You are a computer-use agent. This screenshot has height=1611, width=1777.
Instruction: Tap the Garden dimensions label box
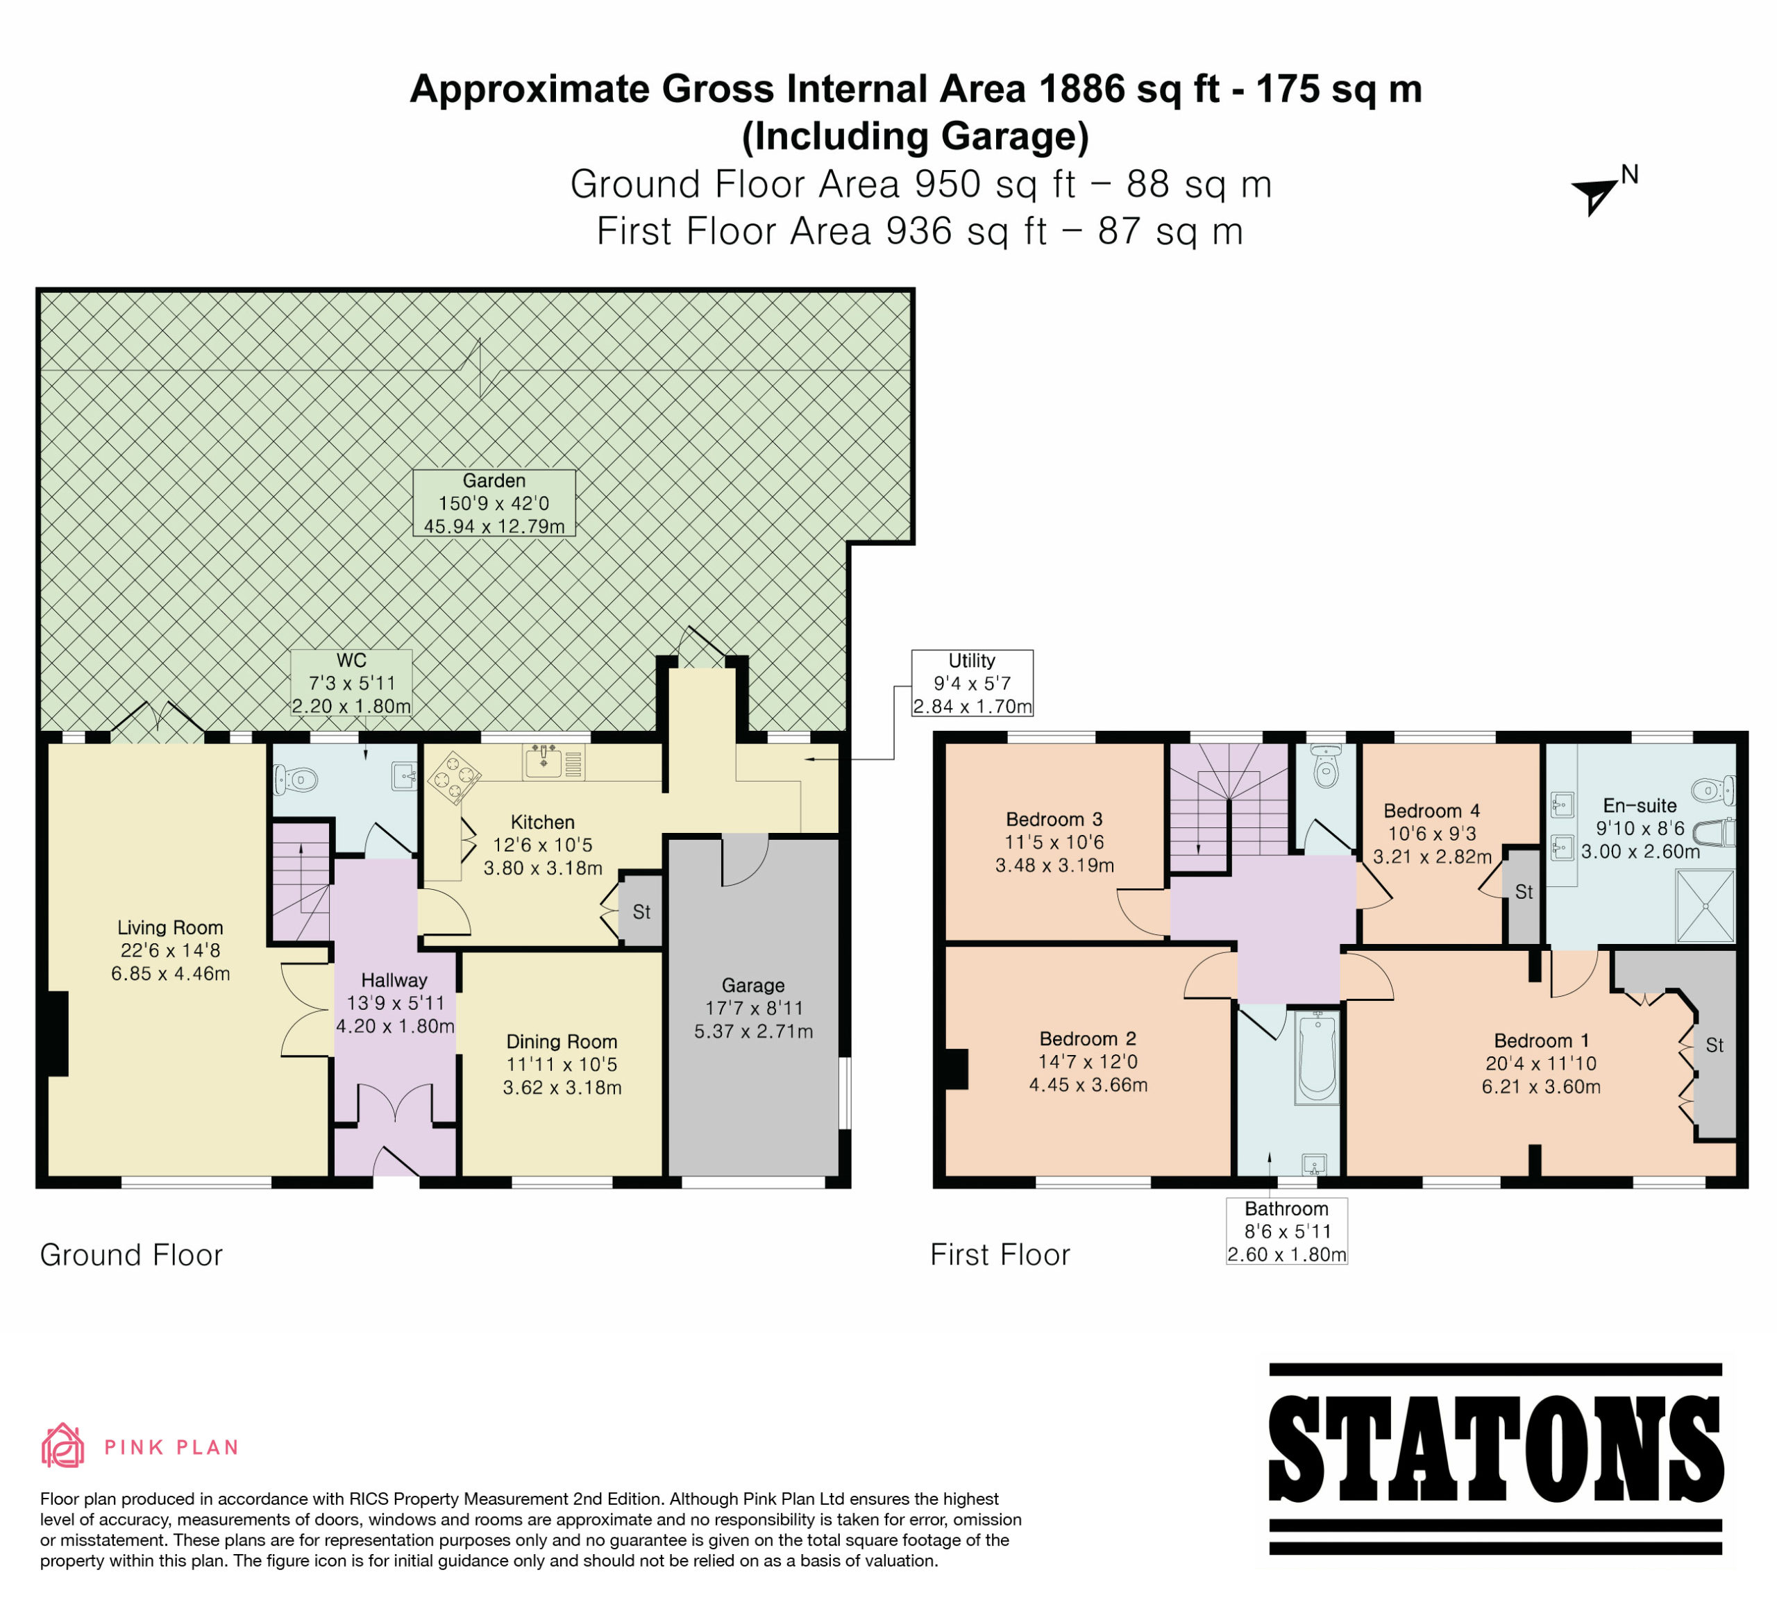pyautogui.click(x=494, y=503)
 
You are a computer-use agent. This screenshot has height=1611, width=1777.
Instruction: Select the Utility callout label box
pyautogui.click(x=972, y=683)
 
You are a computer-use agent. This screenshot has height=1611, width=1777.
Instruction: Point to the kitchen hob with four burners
pyautogui.click(x=455, y=777)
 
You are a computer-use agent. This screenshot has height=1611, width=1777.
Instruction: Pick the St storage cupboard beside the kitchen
pyautogui.click(x=641, y=911)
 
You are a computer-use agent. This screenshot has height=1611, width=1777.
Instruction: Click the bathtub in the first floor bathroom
pyautogui.click(x=1317, y=1056)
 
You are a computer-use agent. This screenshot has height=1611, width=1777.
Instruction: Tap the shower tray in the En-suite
pyautogui.click(x=1706, y=906)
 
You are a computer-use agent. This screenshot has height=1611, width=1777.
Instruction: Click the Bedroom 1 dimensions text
pyautogui.click(x=1542, y=1075)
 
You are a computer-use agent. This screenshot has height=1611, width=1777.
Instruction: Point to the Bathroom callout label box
pyautogui.click(x=1287, y=1231)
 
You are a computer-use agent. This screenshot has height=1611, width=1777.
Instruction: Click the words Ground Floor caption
pyautogui.click(x=131, y=1255)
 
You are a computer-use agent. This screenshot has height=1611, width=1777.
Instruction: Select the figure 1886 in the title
pyautogui.click(x=1081, y=89)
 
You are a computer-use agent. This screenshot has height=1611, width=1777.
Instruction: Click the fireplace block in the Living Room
pyautogui.click(x=58, y=1034)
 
